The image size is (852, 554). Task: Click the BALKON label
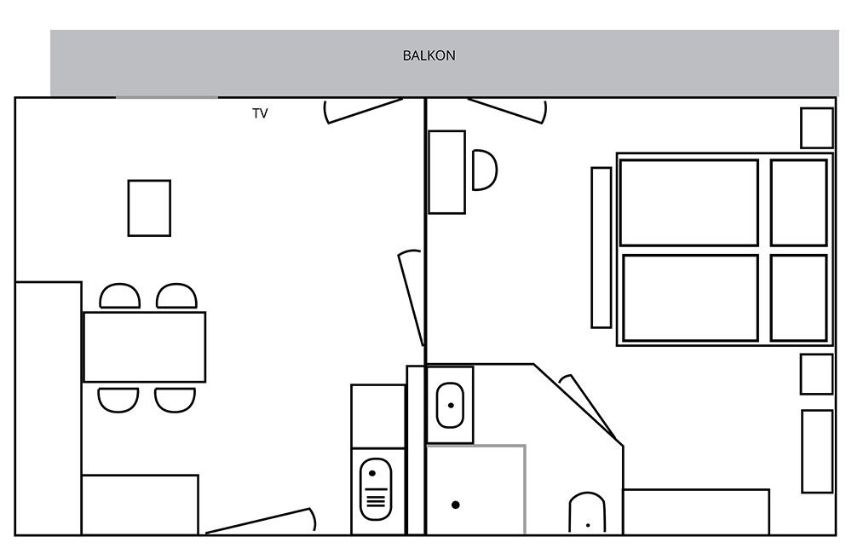429,55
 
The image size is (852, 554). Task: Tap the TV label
260,113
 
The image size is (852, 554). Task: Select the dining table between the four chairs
145,347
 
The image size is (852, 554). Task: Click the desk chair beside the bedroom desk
485,170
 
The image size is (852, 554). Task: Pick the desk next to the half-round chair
446,172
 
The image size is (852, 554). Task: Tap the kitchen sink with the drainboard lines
376,488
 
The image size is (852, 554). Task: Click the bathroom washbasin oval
451,405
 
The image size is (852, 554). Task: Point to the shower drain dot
455,505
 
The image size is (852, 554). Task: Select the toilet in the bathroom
587,513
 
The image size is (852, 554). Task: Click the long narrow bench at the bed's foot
601,247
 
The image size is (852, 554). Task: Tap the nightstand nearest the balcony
817,128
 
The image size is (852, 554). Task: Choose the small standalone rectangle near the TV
149,208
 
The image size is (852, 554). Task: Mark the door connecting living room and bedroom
412,298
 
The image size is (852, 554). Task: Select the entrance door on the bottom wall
260,520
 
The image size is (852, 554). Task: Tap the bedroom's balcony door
508,111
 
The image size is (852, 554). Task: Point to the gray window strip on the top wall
167,97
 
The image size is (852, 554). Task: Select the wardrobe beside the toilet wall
696,511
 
